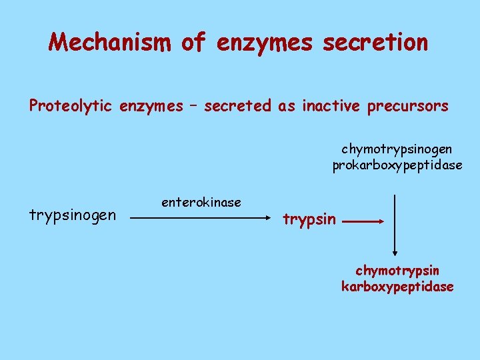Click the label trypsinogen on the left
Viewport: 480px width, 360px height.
[73, 215]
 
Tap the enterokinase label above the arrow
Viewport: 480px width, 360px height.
[201, 201]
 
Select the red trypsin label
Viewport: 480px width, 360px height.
[309, 218]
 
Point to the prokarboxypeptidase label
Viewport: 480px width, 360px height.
[397, 165]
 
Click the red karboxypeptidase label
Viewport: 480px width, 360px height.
[397, 287]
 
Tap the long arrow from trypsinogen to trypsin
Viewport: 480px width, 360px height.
[201, 217]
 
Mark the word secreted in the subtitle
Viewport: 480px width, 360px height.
[238, 105]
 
